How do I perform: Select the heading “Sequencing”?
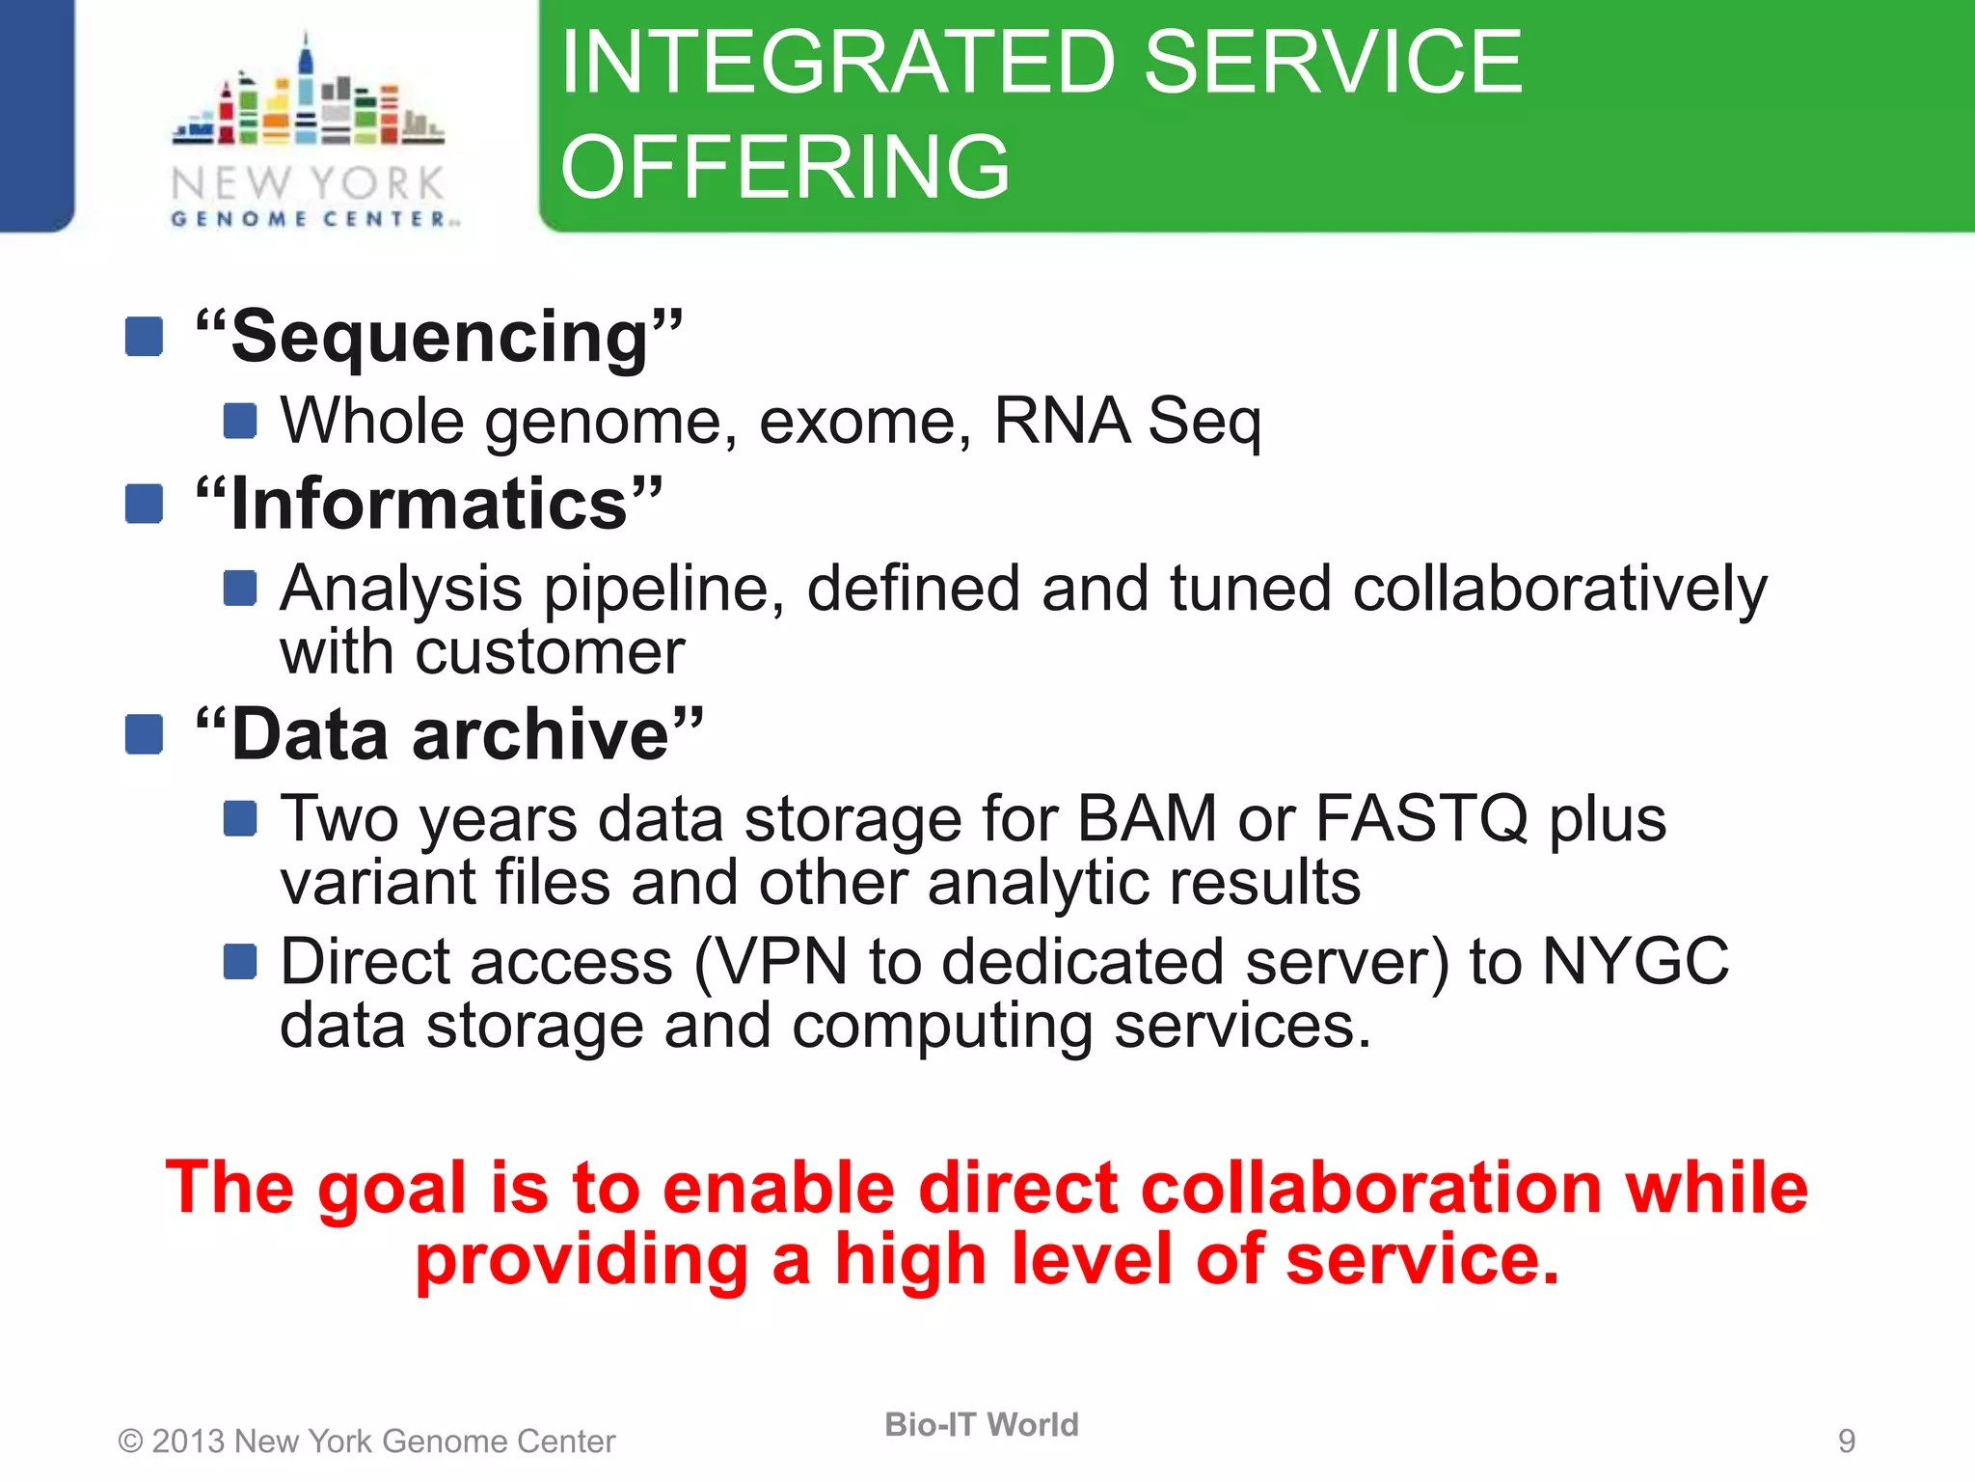point(440,337)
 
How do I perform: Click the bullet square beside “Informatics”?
point(144,504)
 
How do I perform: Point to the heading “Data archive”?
point(449,735)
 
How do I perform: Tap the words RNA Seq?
point(1126,422)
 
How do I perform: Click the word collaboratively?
point(1559,590)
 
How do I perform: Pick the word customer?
point(550,653)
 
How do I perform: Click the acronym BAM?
point(1147,819)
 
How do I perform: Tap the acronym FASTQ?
point(1421,819)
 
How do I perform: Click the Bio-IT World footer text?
point(982,1425)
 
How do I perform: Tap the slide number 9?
point(1846,1441)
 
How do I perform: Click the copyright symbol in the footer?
point(130,1441)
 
